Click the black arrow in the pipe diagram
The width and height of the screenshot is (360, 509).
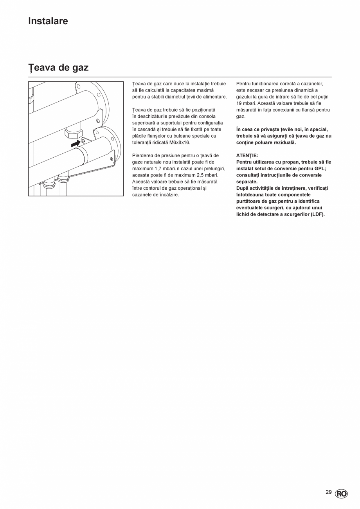[x=76, y=144]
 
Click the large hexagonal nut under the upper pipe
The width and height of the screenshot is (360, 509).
[x=74, y=134]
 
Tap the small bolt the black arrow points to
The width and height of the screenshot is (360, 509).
[x=83, y=141]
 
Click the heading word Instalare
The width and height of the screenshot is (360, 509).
[x=48, y=21]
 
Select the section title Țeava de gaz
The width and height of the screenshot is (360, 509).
[x=58, y=67]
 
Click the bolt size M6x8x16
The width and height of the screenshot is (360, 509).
[x=180, y=142]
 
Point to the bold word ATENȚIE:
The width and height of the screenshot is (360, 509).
[x=247, y=155]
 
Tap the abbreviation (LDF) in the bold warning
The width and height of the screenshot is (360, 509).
[x=317, y=214]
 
